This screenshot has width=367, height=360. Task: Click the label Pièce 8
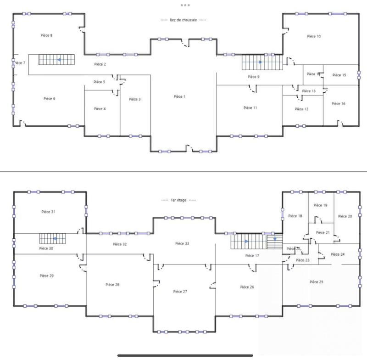[x=44, y=35]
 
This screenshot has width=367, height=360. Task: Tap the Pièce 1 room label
[x=180, y=96]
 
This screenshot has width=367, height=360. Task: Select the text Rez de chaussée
[x=183, y=20]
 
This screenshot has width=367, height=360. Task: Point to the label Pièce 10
[x=314, y=36]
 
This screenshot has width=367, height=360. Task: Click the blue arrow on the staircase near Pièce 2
[x=59, y=60]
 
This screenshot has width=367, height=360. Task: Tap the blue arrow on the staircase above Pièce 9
[x=261, y=62]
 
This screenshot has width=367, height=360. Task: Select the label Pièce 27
[x=180, y=292]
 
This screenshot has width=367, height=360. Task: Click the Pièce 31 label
[x=49, y=212]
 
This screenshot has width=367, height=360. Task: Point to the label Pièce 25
[x=317, y=281]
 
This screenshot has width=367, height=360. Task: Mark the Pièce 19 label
[x=320, y=205]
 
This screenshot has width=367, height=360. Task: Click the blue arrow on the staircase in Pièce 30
[x=55, y=239]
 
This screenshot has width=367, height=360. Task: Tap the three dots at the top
[x=185, y=5]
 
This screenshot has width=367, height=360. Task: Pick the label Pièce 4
[x=100, y=109]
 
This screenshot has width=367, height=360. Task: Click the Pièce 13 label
[x=309, y=91]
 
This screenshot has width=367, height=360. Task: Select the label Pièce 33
[x=182, y=243]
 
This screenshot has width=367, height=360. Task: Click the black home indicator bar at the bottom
[x=183, y=355]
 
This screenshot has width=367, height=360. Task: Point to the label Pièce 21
[x=323, y=233]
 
